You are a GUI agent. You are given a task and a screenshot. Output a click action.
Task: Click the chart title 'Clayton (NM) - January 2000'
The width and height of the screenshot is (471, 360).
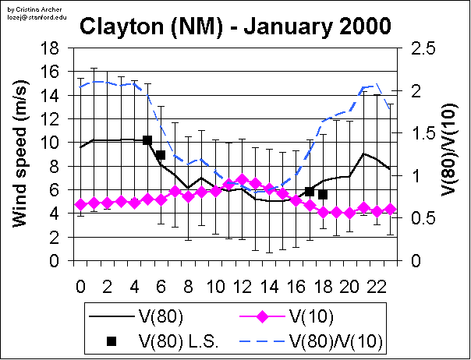(x=235, y=28)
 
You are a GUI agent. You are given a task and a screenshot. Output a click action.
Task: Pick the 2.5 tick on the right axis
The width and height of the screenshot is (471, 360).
(x=417, y=48)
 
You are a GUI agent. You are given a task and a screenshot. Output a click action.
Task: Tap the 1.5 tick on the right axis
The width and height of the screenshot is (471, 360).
(x=417, y=133)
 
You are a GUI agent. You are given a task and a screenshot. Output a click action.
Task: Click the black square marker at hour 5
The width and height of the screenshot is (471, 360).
(x=147, y=140)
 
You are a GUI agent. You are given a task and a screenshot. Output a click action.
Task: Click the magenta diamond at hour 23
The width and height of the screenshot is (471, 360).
(x=391, y=209)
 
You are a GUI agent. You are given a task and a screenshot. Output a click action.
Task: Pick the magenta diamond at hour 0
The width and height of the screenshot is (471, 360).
(x=80, y=204)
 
